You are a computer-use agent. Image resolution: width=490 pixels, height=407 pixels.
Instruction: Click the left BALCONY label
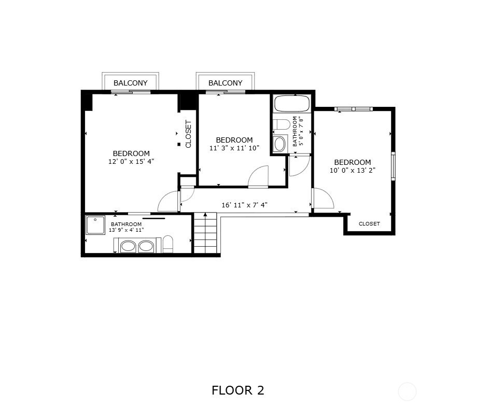click(130, 83)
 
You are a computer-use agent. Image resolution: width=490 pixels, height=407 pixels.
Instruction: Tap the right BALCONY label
click(226, 83)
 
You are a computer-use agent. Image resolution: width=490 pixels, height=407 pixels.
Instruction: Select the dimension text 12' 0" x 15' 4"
click(131, 161)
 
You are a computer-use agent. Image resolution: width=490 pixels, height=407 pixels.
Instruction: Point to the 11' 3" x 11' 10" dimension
click(234, 148)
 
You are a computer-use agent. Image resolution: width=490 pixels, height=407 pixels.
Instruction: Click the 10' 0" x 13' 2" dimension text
click(353, 170)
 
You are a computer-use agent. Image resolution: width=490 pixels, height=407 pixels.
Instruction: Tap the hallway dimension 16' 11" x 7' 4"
click(244, 205)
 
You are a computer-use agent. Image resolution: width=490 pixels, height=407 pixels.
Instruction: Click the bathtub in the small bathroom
click(292, 104)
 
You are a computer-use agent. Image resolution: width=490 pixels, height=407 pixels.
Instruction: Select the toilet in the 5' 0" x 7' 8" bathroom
click(282, 124)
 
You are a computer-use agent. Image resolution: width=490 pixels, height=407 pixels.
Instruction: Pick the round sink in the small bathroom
click(279, 144)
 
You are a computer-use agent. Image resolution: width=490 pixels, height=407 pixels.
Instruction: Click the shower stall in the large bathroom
click(95, 225)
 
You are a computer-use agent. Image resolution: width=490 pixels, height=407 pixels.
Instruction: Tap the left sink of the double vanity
click(128, 246)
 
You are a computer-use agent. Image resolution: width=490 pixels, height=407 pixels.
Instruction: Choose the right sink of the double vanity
click(146, 246)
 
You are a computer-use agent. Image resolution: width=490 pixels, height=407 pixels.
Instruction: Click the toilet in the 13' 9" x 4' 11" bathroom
click(168, 244)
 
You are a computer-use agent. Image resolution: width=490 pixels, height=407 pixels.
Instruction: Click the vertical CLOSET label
click(188, 134)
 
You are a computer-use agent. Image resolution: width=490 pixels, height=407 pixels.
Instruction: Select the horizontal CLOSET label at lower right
click(369, 223)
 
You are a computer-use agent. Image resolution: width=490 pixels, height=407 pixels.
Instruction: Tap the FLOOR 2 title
click(238, 390)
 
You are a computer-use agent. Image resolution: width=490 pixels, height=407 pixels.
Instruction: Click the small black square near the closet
click(179, 144)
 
